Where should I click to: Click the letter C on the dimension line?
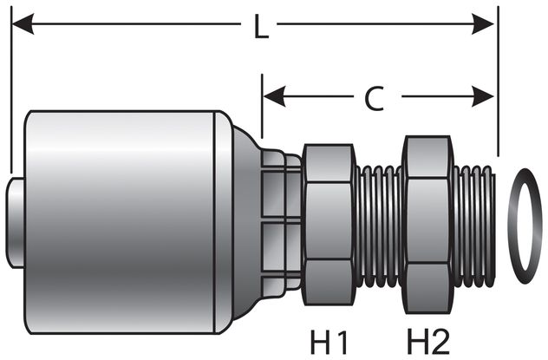[374, 99]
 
